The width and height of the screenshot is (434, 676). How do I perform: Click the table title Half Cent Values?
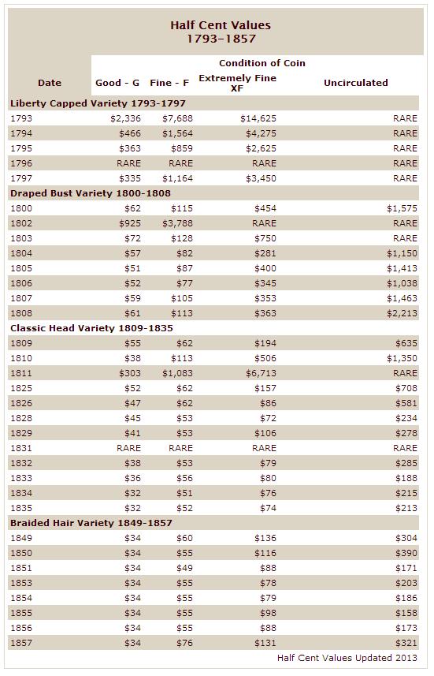[x=221, y=25]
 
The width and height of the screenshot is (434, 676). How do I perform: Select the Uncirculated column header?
[x=356, y=83]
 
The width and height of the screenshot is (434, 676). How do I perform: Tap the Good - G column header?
[x=117, y=83]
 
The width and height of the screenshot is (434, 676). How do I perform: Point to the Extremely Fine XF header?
[x=237, y=83]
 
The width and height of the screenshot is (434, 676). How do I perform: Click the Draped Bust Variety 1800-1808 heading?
[x=91, y=193]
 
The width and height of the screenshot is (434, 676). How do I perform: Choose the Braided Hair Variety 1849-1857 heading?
[x=91, y=523]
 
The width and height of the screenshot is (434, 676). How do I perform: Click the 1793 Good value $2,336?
[x=125, y=118]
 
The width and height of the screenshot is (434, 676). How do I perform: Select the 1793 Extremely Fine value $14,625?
[x=258, y=118]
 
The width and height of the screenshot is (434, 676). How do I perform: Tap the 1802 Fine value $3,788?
[x=177, y=223]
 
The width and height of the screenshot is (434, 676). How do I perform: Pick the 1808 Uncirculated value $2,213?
[x=402, y=313]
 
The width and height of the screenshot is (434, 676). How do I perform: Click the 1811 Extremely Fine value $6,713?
[x=261, y=373]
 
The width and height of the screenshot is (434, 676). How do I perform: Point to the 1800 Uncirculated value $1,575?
[x=402, y=209]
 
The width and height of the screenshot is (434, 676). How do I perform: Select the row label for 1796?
[x=21, y=163]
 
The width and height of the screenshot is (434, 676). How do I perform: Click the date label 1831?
[x=21, y=448]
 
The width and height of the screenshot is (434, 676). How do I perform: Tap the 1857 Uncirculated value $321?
[x=406, y=643]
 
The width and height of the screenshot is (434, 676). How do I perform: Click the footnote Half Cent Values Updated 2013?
[x=347, y=658]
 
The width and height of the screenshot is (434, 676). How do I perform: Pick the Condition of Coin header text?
[x=262, y=63]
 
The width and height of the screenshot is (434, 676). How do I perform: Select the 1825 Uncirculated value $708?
[x=406, y=388]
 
